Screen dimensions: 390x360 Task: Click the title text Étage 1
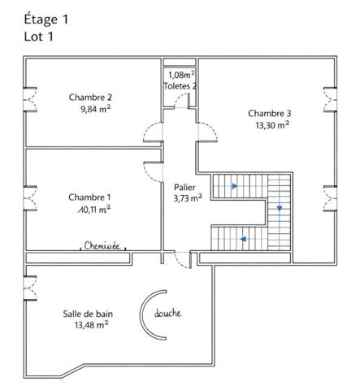click(x=48, y=19)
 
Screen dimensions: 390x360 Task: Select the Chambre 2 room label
click(x=90, y=95)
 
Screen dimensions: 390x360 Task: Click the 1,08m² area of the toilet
click(x=180, y=74)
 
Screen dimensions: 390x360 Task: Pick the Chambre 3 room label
click(x=270, y=113)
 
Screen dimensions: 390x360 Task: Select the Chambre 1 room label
click(x=89, y=197)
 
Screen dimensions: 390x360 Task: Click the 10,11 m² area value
click(x=89, y=209)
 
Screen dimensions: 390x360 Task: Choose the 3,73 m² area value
click(x=188, y=197)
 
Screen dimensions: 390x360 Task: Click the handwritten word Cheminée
click(x=106, y=244)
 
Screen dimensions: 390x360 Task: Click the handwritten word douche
click(x=167, y=314)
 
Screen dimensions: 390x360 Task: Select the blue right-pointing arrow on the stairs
click(x=235, y=186)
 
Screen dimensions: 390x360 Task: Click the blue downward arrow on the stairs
click(x=279, y=209)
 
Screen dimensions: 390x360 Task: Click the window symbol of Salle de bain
click(x=29, y=288)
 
